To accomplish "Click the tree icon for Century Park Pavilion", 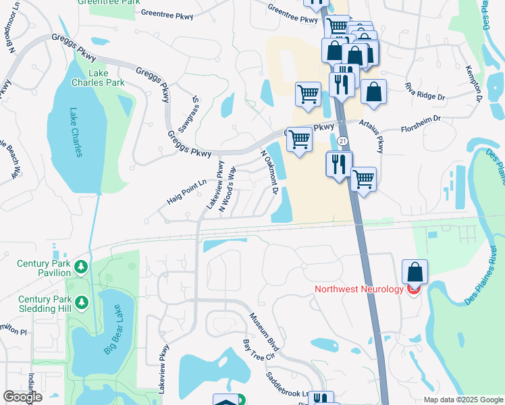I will point(81,268).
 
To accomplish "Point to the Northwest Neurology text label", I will point(358,290).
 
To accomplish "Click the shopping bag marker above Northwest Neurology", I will point(414,273).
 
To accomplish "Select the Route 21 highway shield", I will point(343,140).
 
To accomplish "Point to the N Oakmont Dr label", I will point(270,171).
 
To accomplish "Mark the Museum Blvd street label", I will point(263,331).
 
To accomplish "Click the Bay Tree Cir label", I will point(260,354).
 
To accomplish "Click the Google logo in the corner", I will point(23,397).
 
